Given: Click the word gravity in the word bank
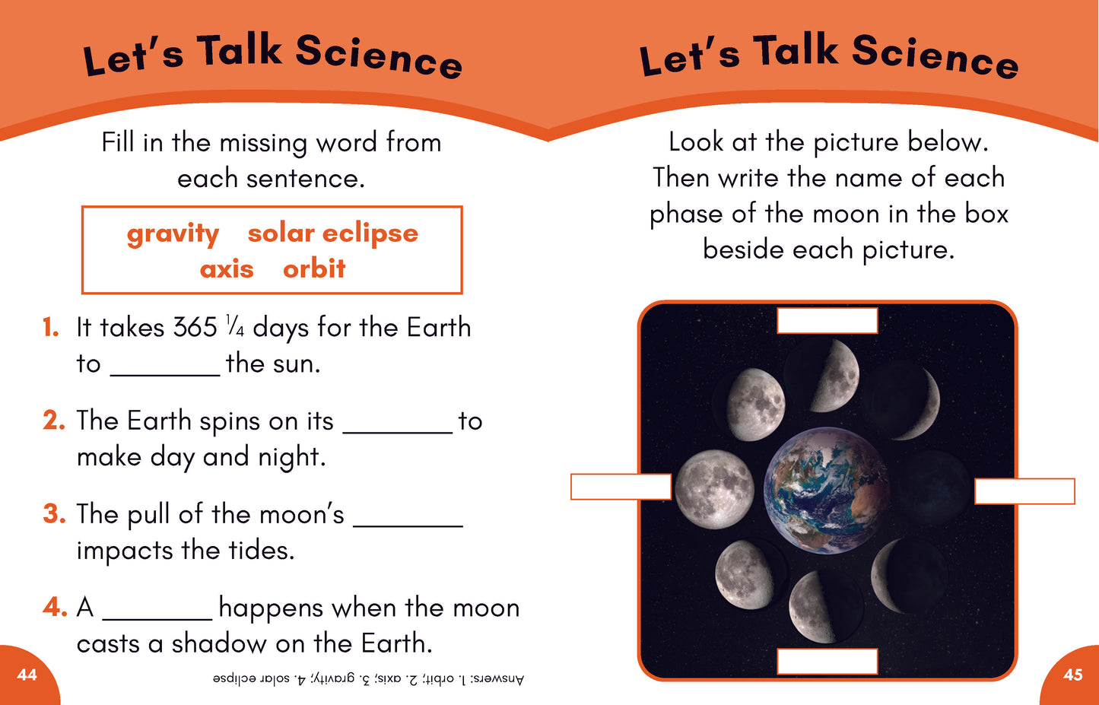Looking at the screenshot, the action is [x=173, y=234].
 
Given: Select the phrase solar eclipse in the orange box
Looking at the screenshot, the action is [x=332, y=233].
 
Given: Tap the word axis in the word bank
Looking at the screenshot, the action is [x=227, y=269].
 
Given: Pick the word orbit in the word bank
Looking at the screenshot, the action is [x=314, y=268].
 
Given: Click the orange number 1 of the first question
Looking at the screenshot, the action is [x=51, y=327].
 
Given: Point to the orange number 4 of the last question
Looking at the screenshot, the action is [x=55, y=607].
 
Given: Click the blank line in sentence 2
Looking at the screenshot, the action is [x=398, y=433].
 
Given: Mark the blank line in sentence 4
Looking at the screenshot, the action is [x=157, y=620].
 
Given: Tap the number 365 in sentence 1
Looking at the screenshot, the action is [x=195, y=327].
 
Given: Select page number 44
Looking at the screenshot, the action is [x=27, y=675].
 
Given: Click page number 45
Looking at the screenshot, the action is [x=1073, y=675].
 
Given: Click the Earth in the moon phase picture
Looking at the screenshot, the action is [x=827, y=490].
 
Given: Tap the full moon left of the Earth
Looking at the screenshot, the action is [x=714, y=490].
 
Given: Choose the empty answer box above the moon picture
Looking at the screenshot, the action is [x=827, y=321].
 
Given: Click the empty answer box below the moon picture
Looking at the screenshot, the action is [x=827, y=661].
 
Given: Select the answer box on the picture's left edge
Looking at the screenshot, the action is [x=621, y=487].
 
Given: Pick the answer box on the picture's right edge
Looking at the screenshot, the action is [x=1024, y=491].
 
